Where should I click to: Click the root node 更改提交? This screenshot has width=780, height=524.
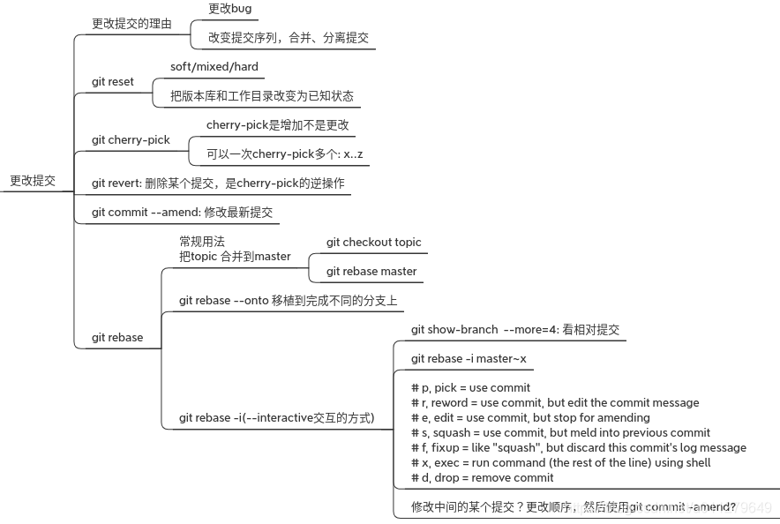tap(33, 180)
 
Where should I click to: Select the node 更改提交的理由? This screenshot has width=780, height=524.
tap(131, 23)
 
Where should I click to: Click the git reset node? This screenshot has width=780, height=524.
tap(113, 81)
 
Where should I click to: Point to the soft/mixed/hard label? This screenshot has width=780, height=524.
tap(214, 66)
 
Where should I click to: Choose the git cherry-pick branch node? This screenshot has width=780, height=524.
tap(131, 139)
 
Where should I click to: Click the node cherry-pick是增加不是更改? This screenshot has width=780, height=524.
tap(278, 124)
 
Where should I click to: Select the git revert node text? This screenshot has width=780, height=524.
tap(218, 183)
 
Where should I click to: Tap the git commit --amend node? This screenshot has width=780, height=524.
tap(183, 212)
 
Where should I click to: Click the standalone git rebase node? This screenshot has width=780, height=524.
tap(117, 337)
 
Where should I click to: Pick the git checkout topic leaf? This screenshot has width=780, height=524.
tap(374, 242)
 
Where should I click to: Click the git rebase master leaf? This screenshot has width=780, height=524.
tap(371, 271)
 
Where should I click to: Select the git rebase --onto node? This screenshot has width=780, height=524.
tap(288, 300)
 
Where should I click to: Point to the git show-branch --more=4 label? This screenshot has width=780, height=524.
tap(515, 329)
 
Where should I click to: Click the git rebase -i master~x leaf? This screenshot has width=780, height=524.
tap(469, 358)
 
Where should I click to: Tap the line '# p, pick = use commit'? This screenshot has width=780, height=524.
tap(470, 387)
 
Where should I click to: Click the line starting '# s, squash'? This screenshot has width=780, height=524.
tap(560, 432)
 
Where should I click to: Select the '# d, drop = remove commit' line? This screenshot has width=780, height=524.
tap(483, 477)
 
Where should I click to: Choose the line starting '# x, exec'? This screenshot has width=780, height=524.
tap(560, 462)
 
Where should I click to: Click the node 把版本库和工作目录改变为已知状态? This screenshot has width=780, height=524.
tap(262, 95)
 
